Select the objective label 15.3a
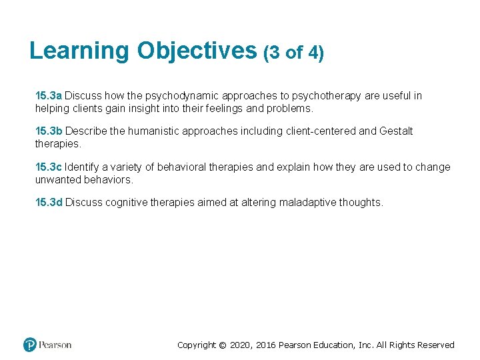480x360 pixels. click(x=49, y=96)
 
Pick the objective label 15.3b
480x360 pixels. click(x=49, y=131)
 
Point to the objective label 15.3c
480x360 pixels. click(x=49, y=167)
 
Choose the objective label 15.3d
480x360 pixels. click(x=49, y=203)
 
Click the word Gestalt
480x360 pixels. click(x=396, y=131)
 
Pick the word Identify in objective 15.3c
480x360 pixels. click(x=83, y=167)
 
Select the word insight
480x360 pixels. click(x=141, y=108)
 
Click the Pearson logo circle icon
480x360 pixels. click(x=29, y=345)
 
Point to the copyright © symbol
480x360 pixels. click(x=223, y=345)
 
